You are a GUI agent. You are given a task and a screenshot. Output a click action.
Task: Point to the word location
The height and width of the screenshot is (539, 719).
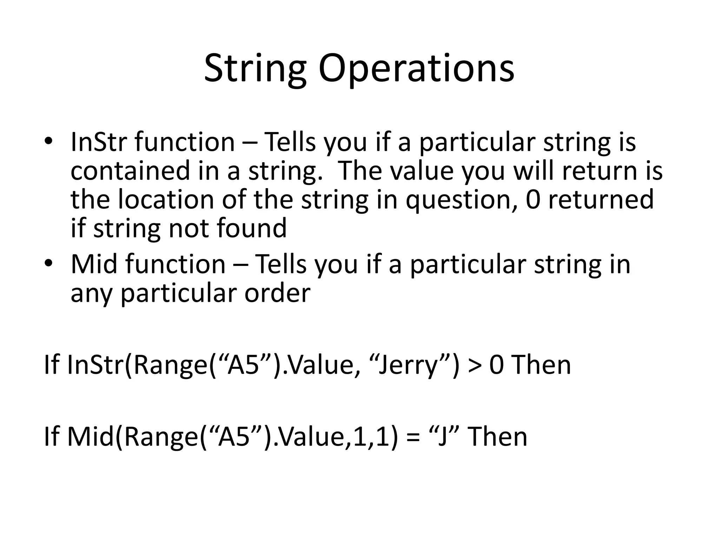165,199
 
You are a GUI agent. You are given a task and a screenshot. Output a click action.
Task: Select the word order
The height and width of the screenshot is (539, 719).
277,293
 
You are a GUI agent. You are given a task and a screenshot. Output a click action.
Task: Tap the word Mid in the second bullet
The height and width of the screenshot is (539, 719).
93,264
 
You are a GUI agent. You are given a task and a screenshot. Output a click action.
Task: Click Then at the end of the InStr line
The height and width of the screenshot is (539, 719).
542,365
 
